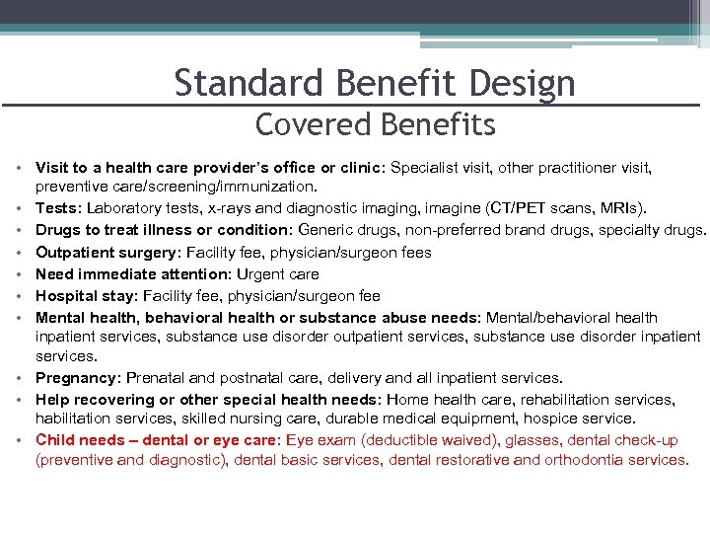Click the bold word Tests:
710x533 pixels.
tap(59, 208)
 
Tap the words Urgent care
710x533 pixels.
tap(278, 274)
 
